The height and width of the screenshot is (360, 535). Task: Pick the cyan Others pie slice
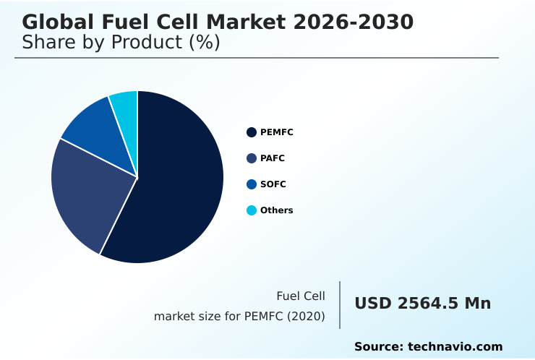pyautogui.click(x=125, y=105)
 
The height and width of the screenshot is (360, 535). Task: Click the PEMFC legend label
pyautogui.click(x=277, y=132)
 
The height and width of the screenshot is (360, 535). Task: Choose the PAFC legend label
pyautogui.click(x=273, y=158)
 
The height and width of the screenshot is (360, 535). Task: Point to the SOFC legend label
pyautogui.click(x=273, y=184)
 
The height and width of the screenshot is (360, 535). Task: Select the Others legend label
pyautogui.click(x=277, y=210)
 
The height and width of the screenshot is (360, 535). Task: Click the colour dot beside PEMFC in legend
pyautogui.click(x=252, y=132)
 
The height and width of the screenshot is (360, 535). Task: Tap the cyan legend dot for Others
pyautogui.click(x=252, y=210)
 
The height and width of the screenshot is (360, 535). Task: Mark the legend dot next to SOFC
pyautogui.click(x=252, y=184)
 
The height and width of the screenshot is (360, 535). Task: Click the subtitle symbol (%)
pyautogui.click(x=204, y=43)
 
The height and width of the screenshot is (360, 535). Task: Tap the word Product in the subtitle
pyautogui.click(x=148, y=43)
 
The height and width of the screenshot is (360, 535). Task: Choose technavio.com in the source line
pyautogui.click(x=455, y=347)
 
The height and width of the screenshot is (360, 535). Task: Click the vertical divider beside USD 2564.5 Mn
pyautogui.click(x=340, y=305)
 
